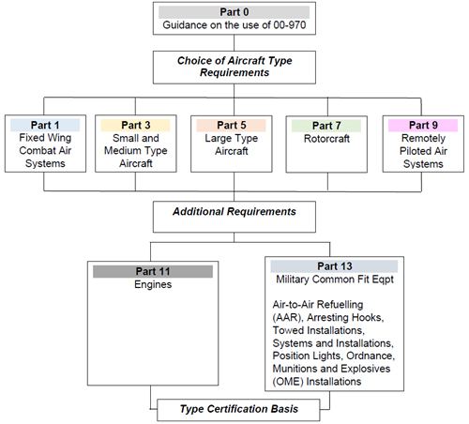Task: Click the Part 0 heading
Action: coord(234,12)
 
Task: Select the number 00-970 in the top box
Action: coord(290,25)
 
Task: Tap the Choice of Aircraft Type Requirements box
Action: coord(234,68)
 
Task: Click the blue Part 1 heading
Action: coord(45,125)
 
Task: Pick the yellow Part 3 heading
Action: coord(136,125)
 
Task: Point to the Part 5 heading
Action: coord(232,125)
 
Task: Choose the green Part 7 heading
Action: coord(326,126)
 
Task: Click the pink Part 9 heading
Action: coord(423,125)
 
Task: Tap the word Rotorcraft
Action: coord(326,139)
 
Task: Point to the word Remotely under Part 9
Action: coord(423,138)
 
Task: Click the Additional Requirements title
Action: coord(234,212)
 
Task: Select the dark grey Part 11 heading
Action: coord(153,271)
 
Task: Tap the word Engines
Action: coord(153,284)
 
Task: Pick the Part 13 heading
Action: coord(334,266)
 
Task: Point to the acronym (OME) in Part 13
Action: coord(288,382)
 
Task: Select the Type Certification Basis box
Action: coord(238,410)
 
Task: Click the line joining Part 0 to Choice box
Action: coord(234,43)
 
